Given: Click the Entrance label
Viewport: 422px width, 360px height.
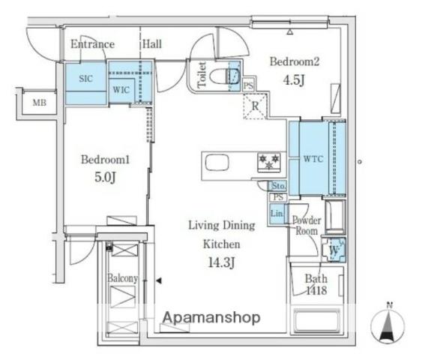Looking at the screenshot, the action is [x=93, y=44].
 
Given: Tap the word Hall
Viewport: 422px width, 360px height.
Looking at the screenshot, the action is [x=152, y=44].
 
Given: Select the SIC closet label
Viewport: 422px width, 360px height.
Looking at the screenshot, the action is [x=86, y=79].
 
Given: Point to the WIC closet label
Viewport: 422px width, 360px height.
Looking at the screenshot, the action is [x=121, y=90].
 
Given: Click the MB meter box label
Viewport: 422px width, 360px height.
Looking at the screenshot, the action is [x=39, y=103].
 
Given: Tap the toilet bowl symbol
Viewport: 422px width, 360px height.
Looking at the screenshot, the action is [x=224, y=76].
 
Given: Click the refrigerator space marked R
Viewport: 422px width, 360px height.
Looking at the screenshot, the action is [x=255, y=106].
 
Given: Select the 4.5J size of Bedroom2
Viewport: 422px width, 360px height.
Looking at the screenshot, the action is [x=294, y=80].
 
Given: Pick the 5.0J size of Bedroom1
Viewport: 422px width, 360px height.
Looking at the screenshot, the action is [x=105, y=177].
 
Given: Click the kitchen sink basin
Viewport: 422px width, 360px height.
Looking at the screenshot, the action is [x=217, y=162].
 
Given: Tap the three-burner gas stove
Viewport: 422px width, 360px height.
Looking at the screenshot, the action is [x=269, y=162].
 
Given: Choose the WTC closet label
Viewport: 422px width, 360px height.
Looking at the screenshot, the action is [x=313, y=159].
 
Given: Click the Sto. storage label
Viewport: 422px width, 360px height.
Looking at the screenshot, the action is [x=278, y=186].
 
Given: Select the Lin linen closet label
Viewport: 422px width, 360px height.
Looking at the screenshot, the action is [x=277, y=213].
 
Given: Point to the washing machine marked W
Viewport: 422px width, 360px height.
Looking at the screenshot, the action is [x=334, y=250].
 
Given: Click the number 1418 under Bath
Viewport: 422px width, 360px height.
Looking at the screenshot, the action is [x=317, y=290].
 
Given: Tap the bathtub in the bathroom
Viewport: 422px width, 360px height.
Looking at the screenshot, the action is [x=317, y=320].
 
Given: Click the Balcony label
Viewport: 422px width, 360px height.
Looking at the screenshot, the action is [x=123, y=278].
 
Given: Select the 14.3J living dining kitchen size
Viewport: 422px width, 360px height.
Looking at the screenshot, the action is [x=222, y=262].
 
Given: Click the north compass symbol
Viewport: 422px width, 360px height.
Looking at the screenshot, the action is [x=388, y=325].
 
